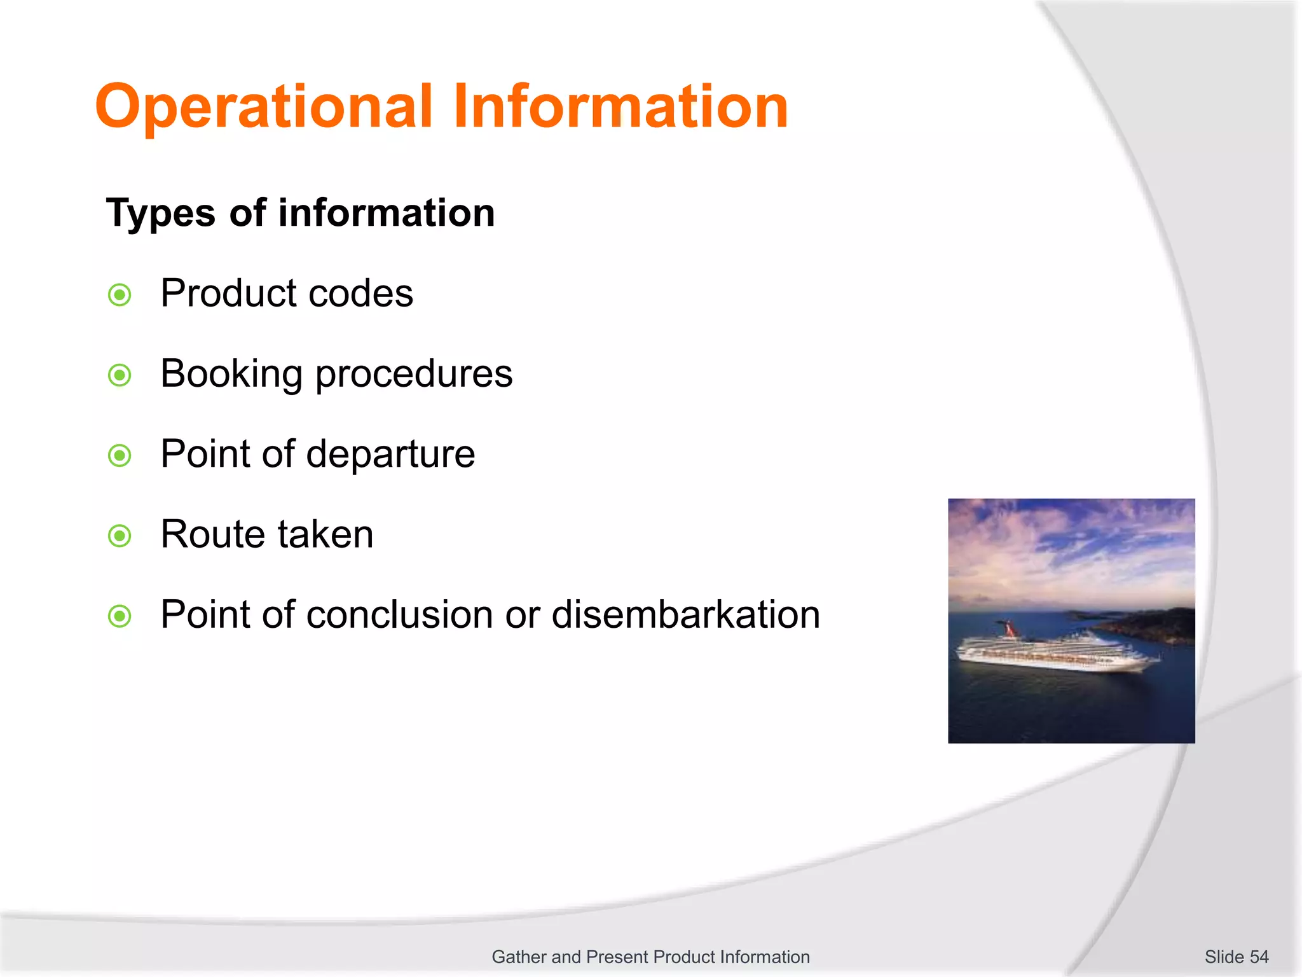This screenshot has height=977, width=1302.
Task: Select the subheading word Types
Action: [161, 214]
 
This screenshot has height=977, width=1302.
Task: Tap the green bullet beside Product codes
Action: [120, 295]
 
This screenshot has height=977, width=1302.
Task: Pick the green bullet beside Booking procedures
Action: [120, 375]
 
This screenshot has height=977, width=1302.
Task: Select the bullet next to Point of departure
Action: [120, 455]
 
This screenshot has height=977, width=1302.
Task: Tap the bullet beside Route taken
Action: [120, 536]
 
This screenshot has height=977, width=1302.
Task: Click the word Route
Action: [212, 534]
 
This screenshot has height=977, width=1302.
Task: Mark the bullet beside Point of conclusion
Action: [120, 616]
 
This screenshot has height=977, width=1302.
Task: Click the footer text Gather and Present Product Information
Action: [650, 957]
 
